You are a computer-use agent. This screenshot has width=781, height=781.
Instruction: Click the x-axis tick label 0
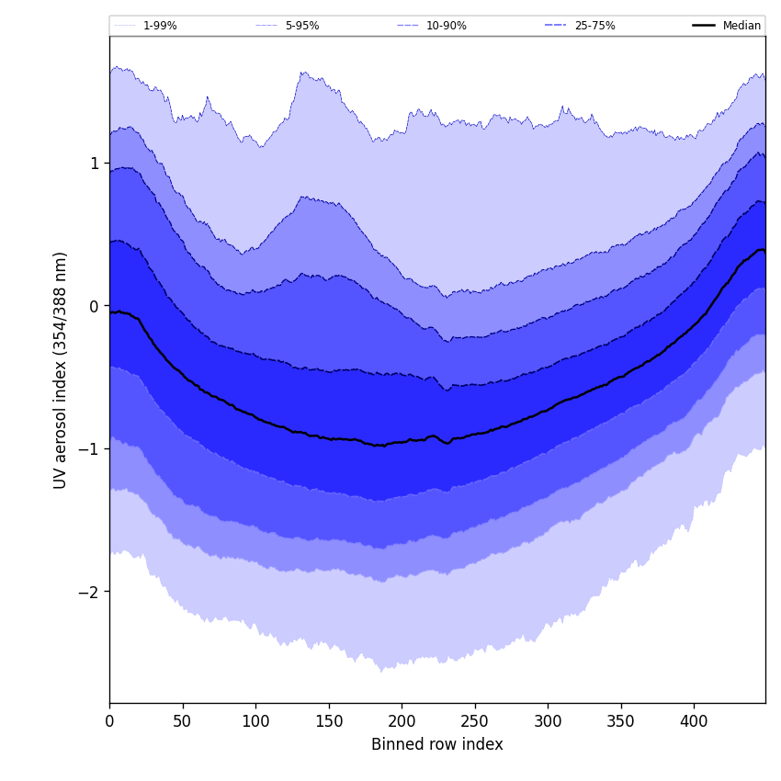pos(109,722)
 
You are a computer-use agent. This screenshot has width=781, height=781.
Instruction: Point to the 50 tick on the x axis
pos(182,722)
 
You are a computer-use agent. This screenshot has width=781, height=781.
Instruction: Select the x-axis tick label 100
pos(255,722)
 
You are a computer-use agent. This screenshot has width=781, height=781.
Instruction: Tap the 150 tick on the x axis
pos(328,722)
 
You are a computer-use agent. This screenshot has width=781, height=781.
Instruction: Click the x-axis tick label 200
pos(402,722)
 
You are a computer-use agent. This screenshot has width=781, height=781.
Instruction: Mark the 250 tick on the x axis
pos(474,722)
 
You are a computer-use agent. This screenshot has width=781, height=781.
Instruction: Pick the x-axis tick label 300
pos(548,722)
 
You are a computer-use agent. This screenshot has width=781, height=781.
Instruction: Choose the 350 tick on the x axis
pos(620,722)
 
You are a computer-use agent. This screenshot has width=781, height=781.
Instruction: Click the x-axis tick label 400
pos(694,722)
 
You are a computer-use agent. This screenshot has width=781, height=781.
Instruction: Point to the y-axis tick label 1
pos(94,164)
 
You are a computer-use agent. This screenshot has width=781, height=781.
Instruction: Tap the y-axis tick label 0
pos(94,306)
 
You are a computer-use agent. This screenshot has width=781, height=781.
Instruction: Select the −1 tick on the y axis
pos(89,449)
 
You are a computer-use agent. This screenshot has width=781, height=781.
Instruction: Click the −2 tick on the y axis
pos(89,592)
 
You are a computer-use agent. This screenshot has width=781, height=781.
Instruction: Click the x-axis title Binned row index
pos(437,745)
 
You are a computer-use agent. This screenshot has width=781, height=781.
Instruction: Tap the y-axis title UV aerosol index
pos(61,370)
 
